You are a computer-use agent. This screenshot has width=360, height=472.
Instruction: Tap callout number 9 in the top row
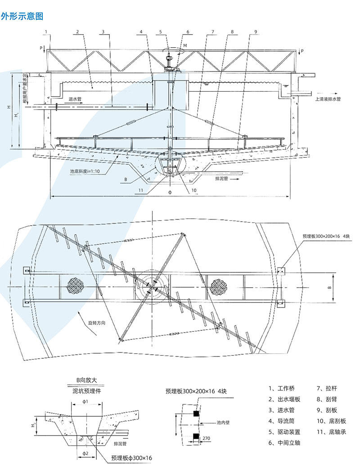pos(255,31)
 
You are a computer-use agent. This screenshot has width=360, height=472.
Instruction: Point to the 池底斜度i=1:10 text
pos(85,170)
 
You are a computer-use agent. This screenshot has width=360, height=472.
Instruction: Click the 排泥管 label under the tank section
pos(222,178)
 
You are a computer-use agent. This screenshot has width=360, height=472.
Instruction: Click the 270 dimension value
pos(207,438)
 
